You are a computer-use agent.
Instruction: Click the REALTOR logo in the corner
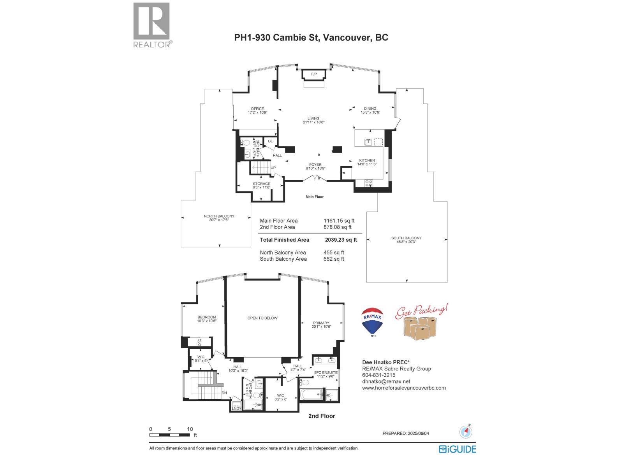[x=152, y=25]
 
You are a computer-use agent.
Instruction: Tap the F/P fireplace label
[x=314, y=74]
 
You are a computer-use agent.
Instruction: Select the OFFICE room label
[x=257, y=109]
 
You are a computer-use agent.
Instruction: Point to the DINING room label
[x=370, y=109]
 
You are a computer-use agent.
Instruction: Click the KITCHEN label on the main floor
[x=367, y=160]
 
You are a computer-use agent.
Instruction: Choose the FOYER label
[x=315, y=165]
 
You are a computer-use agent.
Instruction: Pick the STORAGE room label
[x=261, y=184]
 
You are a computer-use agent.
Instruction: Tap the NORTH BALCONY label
[x=219, y=216]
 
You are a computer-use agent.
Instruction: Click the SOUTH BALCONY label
[x=407, y=238]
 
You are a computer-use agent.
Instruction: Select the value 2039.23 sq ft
[x=341, y=240]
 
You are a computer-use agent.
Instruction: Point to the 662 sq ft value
[x=334, y=259]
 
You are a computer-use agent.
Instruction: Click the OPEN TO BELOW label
[x=262, y=318]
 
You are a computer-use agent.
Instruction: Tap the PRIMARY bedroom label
[x=321, y=323]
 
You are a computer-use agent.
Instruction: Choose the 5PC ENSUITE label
[x=326, y=372]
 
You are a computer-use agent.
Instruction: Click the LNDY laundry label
[x=236, y=408]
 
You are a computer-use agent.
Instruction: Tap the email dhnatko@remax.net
[x=386, y=381]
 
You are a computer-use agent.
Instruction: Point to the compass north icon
[x=466, y=432]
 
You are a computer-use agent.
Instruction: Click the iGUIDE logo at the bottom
[x=458, y=449]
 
